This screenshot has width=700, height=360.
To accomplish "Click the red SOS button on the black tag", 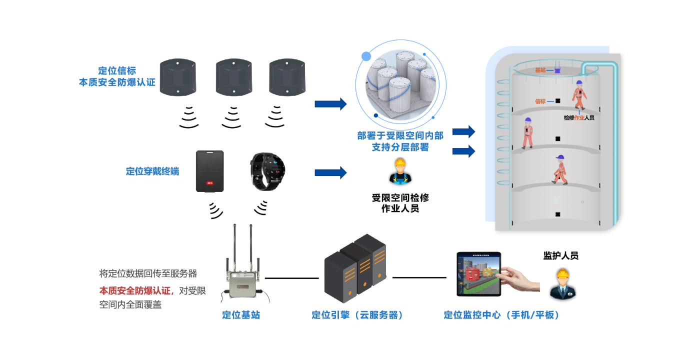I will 209,183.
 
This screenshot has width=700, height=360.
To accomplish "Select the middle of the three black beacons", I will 233,77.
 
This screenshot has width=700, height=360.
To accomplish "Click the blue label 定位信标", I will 117,70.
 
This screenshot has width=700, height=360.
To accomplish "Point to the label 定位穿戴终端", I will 152,171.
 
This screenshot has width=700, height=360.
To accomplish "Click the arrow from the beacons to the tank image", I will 330,104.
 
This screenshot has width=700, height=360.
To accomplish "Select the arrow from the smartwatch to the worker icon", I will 330,172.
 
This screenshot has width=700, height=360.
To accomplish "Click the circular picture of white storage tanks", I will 401,85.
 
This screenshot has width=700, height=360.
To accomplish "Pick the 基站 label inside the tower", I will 540,70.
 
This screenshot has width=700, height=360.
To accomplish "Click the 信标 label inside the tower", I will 540,101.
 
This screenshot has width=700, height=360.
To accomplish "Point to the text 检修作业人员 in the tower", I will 579,118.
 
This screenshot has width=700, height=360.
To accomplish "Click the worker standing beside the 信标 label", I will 578,95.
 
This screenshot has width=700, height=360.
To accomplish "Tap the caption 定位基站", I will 241,315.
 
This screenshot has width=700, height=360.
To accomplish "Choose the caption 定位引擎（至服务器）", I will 357,315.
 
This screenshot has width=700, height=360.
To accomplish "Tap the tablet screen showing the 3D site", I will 478,273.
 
